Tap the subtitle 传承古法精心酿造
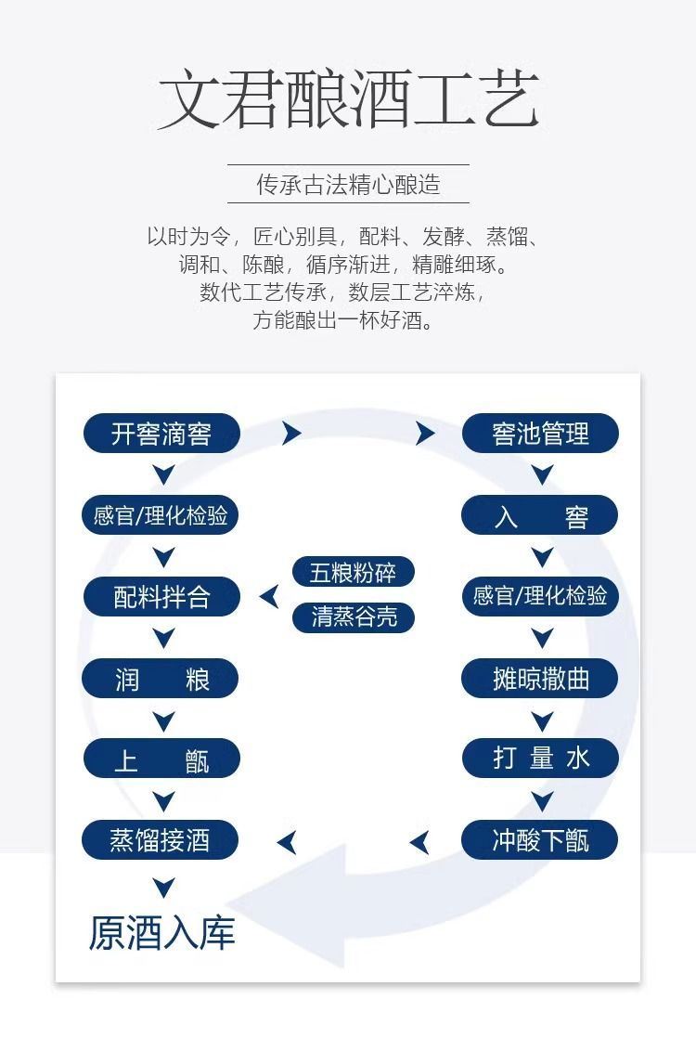tap(348, 185)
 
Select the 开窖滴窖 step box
tap(161, 434)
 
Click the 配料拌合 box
tap(161, 597)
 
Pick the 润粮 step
tap(161, 680)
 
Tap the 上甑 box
tap(161, 760)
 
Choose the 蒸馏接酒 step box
tap(161, 841)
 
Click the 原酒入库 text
tap(161, 932)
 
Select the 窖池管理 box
tap(540, 434)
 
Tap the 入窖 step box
tap(540, 516)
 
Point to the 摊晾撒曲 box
tap(540, 679)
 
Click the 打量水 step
tap(540, 759)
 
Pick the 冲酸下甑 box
tap(540, 841)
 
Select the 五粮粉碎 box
tap(353, 573)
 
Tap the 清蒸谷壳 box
tap(353, 617)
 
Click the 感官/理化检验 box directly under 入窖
tap(540, 596)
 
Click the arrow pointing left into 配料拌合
tap(269, 596)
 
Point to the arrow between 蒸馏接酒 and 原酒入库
tap(163, 887)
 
